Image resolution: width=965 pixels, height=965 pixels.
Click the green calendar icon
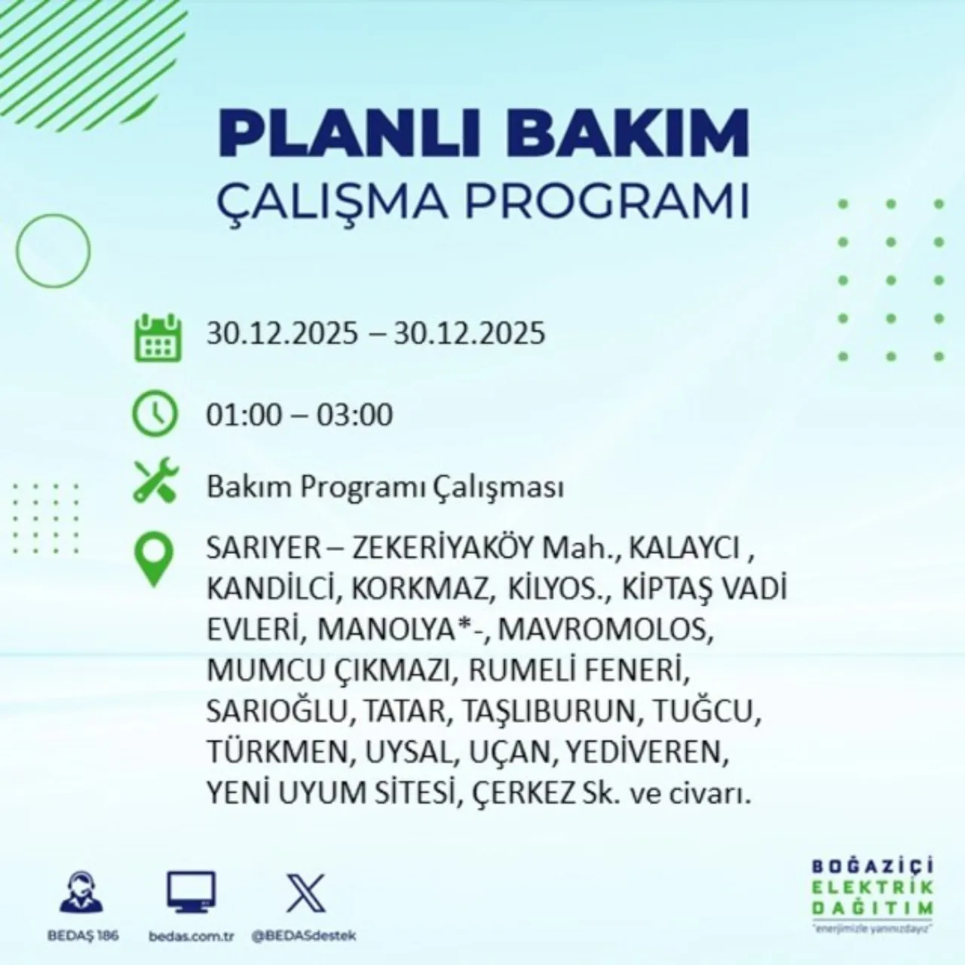pyautogui.click(x=158, y=337)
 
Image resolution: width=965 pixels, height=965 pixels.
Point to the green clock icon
pyautogui.click(x=155, y=415)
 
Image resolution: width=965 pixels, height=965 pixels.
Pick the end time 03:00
pyautogui.click(x=354, y=415)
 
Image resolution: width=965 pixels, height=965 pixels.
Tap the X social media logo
pyautogui.click(x=306, y=893)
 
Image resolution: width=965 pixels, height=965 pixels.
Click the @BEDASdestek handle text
pyautogui.click(x=303, y=936)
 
